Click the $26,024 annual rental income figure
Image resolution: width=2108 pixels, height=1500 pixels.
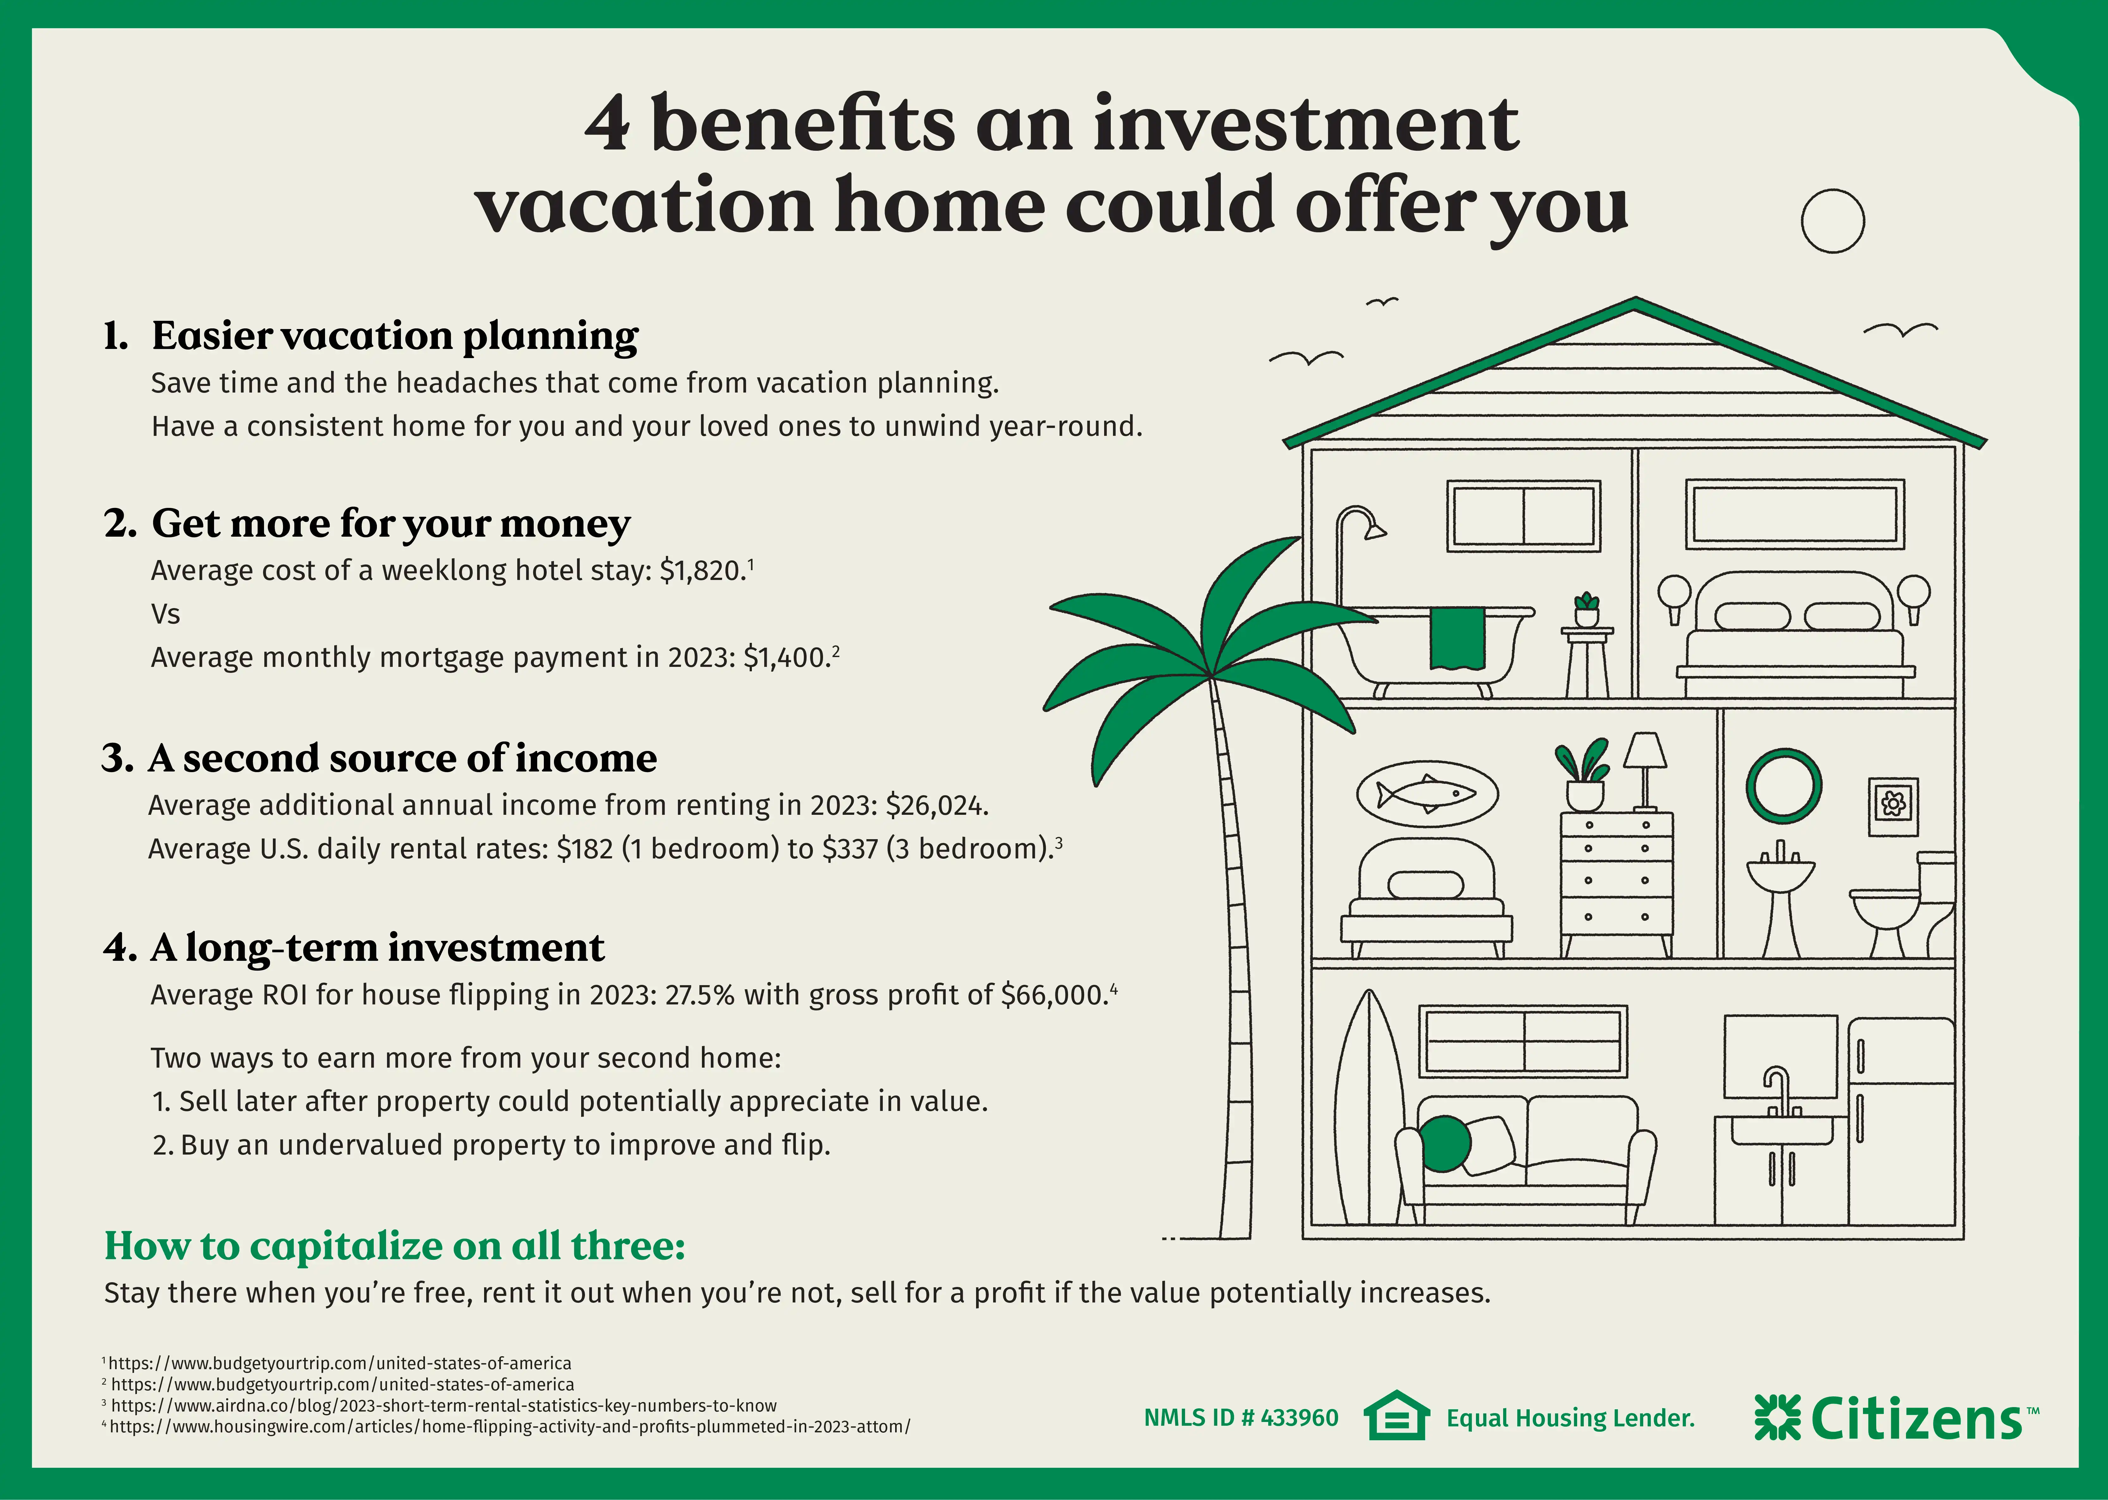[x=937, y=805]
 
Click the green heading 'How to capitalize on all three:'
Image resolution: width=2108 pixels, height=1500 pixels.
[x=395, y=1246]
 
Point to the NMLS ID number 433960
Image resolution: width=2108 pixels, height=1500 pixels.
[x=1299, y=1418]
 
